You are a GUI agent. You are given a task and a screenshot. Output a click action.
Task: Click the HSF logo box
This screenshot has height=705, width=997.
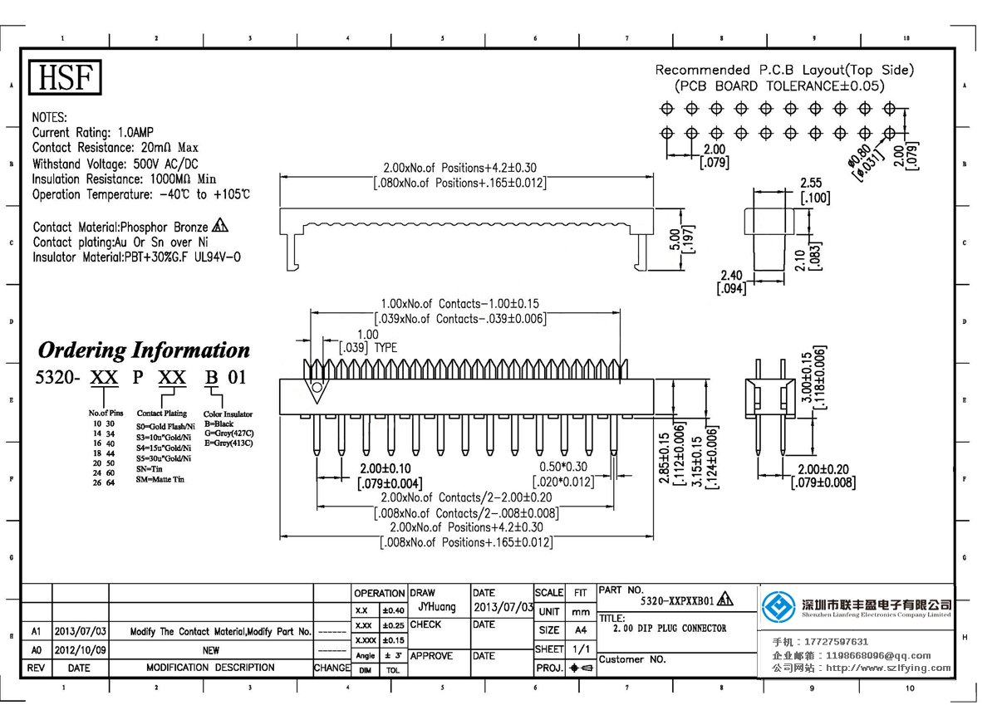click(66, 78)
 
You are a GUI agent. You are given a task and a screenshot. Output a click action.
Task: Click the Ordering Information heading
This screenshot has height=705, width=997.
click(144, 350)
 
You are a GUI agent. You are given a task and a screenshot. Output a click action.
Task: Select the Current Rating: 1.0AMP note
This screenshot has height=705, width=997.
click(92, 133)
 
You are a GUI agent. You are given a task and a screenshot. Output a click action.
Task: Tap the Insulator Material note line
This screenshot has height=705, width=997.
click(137, 257)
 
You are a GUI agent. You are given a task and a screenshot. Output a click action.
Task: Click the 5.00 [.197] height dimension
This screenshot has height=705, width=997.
click(680, 239)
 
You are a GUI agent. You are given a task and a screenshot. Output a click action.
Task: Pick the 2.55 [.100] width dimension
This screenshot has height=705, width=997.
click(813, 191)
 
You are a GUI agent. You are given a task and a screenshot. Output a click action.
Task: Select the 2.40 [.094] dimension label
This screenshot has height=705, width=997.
click(731, 282)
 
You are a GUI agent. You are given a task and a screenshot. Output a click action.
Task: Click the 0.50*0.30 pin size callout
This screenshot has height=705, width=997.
click(563, 474)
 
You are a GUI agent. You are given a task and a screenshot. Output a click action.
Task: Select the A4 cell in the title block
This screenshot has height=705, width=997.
click(580, 630)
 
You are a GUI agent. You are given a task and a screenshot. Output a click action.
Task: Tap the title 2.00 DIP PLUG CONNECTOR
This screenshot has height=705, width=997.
click(669, 629)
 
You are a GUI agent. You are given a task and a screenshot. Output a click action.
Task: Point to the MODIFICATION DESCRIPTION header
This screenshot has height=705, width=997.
click(210, 668)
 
